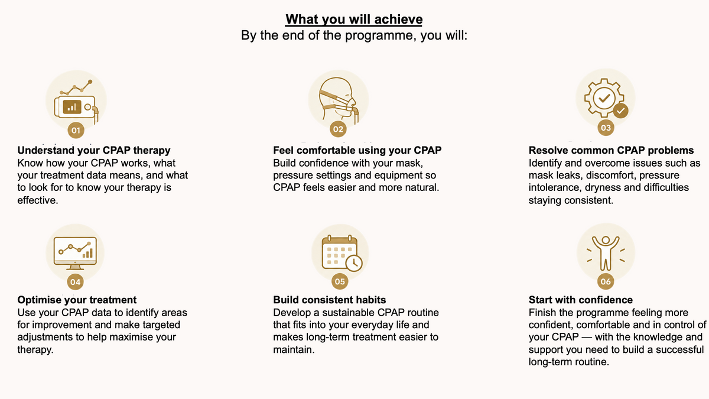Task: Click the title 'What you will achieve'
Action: tap(354, 20)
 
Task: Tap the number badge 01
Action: tap(76, 130)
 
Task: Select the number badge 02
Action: tap(338, 129)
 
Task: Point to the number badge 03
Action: tap(606, 128)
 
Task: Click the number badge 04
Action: tap(76, 282)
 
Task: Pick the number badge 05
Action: tap(340, 281)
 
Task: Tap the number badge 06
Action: tap(606, 281)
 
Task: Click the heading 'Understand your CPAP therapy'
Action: tap(94, 150)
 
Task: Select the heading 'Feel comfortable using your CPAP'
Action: tap(357, 150)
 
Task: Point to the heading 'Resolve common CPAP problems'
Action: tap(611, 150)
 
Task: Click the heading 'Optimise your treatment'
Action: tap(77, 300)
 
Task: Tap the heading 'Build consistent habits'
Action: tap(330, 300)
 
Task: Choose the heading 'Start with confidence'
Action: tap(580, 300)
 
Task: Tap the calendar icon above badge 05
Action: tap(342, 253)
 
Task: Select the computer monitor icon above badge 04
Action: tap(75, 253)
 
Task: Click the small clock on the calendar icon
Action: tap(354, 263)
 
